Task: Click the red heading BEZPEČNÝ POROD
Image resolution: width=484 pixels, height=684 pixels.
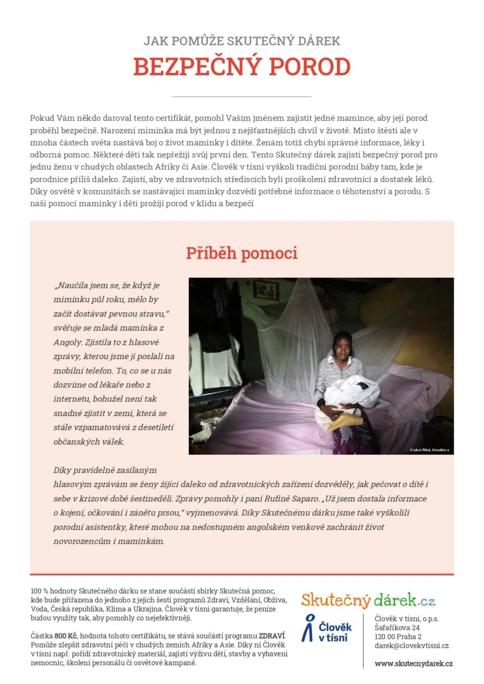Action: (x=242, y=67)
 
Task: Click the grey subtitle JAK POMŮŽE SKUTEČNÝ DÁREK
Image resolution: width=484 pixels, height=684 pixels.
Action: (x=242, y=41)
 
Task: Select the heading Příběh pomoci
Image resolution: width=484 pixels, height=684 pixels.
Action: (x=242, y=253)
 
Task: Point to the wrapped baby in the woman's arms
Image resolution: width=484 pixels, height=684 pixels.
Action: (x=350, y=392)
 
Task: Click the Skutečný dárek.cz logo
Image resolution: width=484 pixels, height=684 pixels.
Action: (x=368, y=600)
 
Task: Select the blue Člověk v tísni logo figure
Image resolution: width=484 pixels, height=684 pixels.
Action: (x=308, y=628)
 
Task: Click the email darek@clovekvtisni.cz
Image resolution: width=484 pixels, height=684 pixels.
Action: (x=412, y=646)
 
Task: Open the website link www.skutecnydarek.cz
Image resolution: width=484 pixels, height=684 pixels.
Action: (x=413, y=663)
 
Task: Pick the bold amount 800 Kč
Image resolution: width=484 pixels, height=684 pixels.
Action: (x=66, y=636)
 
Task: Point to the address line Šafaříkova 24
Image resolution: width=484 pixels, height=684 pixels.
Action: (x=397, y=628)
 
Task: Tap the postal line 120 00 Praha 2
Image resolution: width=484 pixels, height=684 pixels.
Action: (x=398, y=637)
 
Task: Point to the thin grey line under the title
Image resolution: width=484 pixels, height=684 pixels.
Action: (x=242, y=96)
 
